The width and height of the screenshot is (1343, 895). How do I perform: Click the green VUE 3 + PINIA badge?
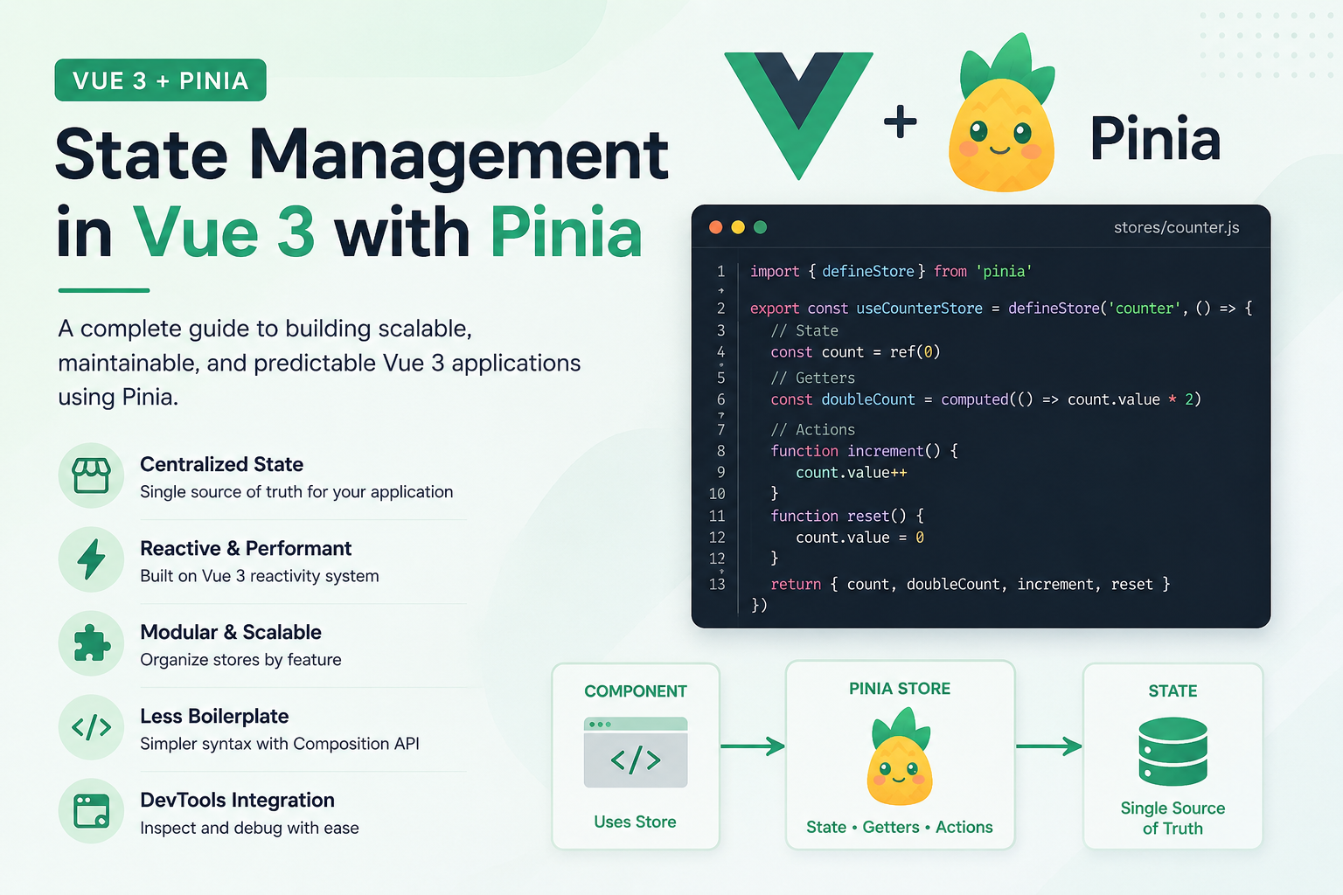[x=160, y=80]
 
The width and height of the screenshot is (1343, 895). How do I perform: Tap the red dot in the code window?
[x=715, y=227]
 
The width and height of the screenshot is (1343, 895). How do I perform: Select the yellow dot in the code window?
[x=738, y=227]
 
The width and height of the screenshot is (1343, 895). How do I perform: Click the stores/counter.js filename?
[x=1176, y=228]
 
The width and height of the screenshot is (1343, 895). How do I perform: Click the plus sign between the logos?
[x=900, y=121]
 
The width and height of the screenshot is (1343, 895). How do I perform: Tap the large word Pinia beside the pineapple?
[x=1155, y=139]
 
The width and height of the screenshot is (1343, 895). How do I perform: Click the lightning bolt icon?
[x=91, y=559]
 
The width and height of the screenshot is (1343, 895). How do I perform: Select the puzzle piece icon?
[x=92, y=643]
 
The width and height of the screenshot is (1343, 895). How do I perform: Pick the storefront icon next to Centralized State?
[x=91, y=475]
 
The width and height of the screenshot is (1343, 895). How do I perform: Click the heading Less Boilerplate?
[x=214, y=717]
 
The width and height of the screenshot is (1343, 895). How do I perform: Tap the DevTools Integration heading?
[x=238, y=801]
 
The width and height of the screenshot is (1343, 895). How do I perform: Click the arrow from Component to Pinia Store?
[x=753, y=746]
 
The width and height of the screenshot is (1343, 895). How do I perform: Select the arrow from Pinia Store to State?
[x=1048, y=746]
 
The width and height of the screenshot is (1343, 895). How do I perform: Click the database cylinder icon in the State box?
[x=1173, y=752]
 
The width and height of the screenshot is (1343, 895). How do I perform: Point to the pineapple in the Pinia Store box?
[x=900, y=757]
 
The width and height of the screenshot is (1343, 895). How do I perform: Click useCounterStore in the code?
[x=919, y=309]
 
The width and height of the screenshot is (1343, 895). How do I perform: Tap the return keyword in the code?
[x=796, y=585]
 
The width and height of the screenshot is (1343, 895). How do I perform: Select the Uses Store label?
[x=635, y=822]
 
